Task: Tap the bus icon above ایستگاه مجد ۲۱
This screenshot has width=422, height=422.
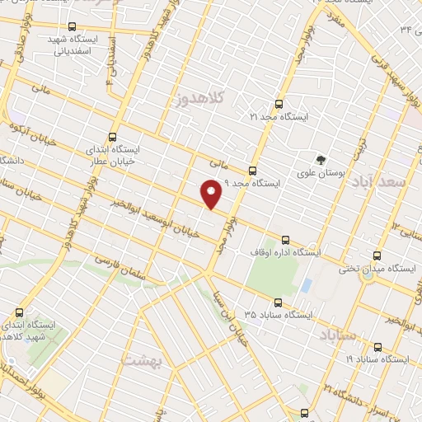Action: point(277,105)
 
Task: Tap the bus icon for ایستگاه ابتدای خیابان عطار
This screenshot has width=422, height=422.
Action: point(112,137)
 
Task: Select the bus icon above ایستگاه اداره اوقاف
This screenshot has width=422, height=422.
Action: point(285,239)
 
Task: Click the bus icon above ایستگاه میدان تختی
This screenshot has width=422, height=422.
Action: point(377,256)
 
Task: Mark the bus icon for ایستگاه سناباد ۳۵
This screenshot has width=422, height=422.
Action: point(276,302)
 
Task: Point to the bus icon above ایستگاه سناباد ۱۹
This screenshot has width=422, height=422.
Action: point(377,347)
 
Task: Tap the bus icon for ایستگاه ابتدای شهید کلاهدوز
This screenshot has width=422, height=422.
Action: point(19,312)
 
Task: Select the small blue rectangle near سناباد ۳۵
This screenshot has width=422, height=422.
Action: point(307,286)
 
